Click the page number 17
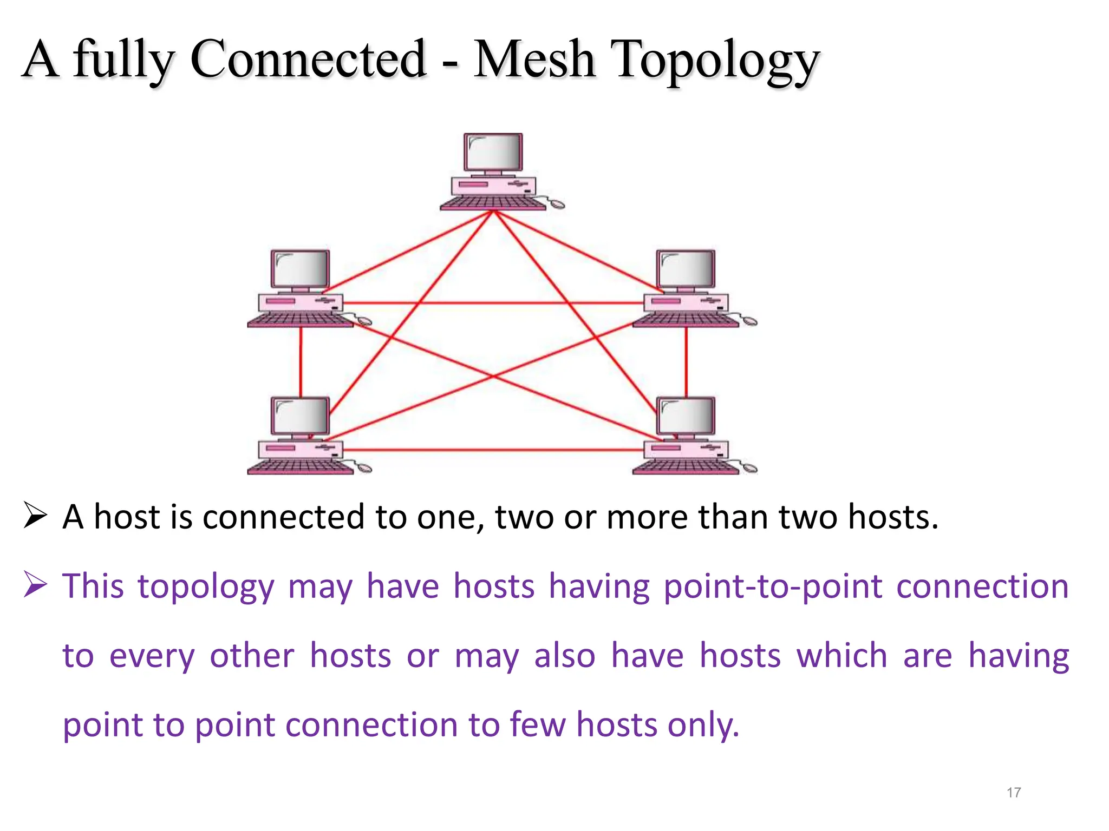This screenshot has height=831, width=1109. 1014,793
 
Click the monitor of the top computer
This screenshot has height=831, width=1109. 493,152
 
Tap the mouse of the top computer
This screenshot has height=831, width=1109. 557,204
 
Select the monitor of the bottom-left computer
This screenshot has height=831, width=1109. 300,415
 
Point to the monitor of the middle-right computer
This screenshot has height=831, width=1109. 686,268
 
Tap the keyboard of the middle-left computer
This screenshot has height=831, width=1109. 300,321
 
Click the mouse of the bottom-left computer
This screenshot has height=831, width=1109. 364,468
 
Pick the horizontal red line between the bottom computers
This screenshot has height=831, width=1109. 493,450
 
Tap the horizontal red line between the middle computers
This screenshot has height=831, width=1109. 493,303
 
